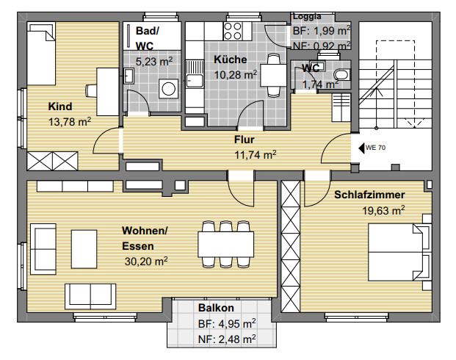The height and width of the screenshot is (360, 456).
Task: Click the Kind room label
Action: tap(60, 107)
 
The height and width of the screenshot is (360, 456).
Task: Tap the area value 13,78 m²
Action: tap(70, 122)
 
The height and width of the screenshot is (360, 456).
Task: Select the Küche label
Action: tap(231, 60)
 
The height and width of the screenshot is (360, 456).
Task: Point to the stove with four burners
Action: tap(233, 31)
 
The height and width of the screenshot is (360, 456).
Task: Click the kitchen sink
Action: tap(195, 74)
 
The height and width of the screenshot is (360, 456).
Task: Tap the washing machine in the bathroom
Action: tap(168, 88)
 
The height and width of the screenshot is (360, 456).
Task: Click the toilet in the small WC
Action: tap(341, 74)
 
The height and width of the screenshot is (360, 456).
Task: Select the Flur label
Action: tap(245, 140)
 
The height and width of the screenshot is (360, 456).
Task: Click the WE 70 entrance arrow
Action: tap(361, 148)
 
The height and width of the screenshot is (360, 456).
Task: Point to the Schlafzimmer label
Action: tap(369, 195)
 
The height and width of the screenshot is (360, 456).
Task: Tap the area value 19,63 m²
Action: tap(383, 210)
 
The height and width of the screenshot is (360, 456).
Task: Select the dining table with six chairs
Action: tap(226, 245)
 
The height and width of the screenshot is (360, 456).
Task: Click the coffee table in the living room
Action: tap(84, 249)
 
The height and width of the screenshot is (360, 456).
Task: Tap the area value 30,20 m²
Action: tap(146, 262)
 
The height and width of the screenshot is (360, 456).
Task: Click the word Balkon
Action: tap(216, 308)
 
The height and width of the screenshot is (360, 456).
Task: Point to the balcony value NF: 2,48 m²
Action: tap(227, 339)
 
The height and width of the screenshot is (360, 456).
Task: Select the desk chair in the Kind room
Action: tap(91, 90)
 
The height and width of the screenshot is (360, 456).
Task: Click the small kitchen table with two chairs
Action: tap(273, 75)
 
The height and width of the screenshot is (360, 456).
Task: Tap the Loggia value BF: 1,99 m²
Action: tap(322, 31)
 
